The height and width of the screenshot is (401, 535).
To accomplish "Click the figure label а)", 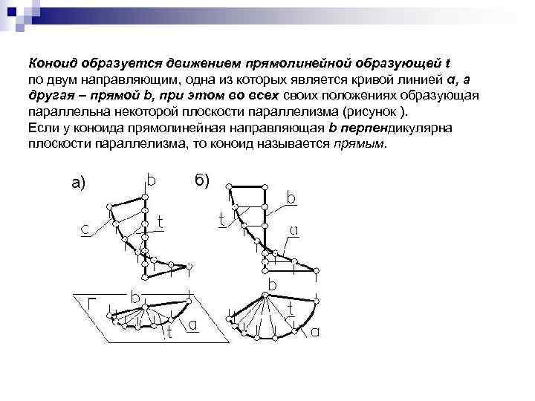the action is tap(79, 183).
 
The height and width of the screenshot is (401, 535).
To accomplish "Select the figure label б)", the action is tap(202, 180).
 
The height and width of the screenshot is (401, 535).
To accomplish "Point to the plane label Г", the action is tap(91, 303).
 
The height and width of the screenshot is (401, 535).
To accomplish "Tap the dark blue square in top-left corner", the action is tap(12, 13).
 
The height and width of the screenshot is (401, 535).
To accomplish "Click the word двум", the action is tap(62, 80).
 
